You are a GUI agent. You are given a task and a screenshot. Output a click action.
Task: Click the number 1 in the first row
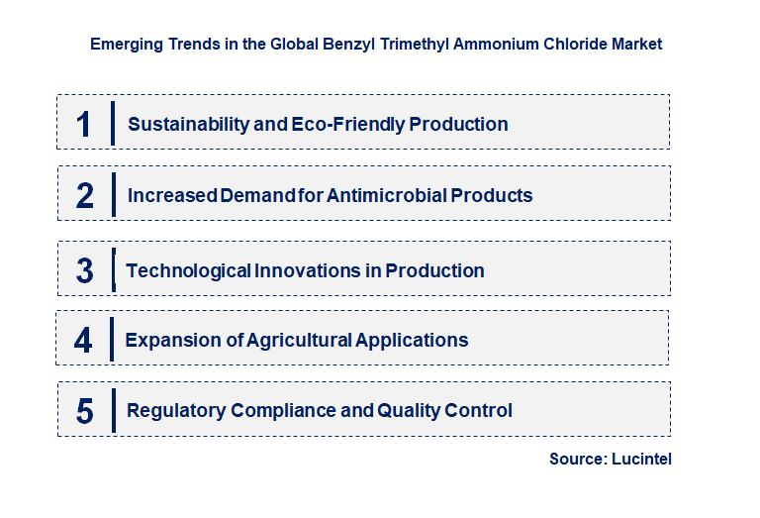tap(84, 124)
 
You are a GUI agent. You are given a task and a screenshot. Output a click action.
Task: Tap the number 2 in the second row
tap(85, 195)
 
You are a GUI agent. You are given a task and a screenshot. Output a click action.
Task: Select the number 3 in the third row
tap(85, 270)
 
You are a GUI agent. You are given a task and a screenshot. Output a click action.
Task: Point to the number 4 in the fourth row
tap(84, 341)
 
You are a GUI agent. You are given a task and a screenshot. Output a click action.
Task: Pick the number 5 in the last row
tap(85, 411)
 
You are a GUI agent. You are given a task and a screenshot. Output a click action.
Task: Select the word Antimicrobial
tap(388, 195)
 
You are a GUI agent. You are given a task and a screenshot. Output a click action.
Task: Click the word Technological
tap(188, 270)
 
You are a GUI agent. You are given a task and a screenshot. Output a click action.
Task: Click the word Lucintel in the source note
tap(643, 460)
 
